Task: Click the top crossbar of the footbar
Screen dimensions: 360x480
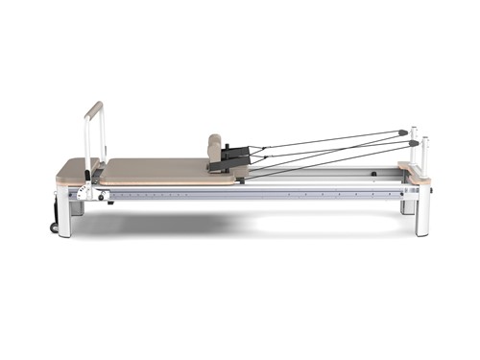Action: click(94, 103)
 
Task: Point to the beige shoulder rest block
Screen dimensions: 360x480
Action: click(214, 146)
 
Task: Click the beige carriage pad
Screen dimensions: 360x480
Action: click(163, 170)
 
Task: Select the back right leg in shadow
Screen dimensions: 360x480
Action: click(407, 204)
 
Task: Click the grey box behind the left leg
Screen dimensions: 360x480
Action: click(53, 205)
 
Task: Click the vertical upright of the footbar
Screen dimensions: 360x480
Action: click(88, 139)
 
